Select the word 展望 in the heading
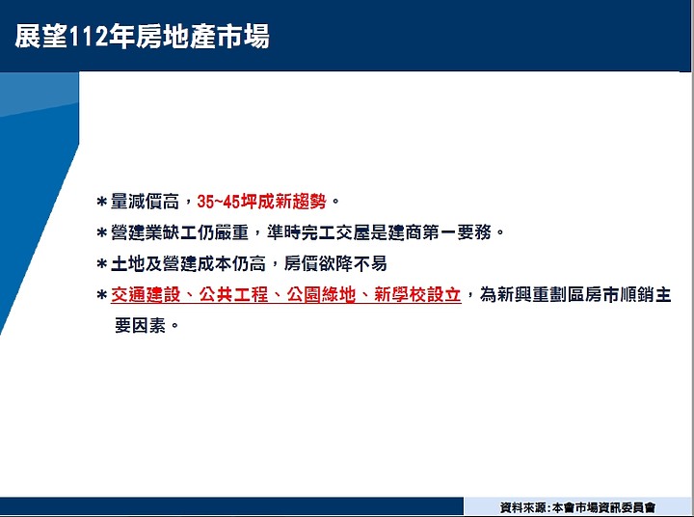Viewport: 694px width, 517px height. (41, 37)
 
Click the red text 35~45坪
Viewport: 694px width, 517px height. (227, 202)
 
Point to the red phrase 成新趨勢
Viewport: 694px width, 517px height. (292, 202)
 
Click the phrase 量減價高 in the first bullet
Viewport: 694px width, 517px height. (145, 202)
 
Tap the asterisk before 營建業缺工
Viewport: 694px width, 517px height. (102, 232)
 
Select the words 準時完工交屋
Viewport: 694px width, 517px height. (318, 232)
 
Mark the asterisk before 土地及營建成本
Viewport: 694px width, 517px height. (102, 264)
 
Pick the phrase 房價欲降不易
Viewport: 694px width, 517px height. (335, 263)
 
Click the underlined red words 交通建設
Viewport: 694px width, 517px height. (146, 294)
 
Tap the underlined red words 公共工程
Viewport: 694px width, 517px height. (233, 294)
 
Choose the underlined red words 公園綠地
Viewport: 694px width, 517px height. (321, 294)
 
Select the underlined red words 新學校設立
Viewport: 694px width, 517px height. (417, 294)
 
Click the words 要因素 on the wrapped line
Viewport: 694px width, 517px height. (141, 326)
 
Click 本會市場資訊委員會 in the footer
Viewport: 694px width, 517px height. (603, 507)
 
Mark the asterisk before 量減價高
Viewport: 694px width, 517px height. (102, 202)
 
